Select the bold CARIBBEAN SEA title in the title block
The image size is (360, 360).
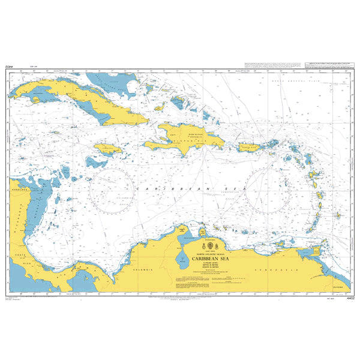point(209,259)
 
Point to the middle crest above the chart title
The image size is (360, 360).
point(209,247)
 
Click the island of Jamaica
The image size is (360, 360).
point(109,149)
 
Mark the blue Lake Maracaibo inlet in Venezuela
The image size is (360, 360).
point(181,259)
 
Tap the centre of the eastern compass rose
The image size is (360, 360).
point(268,190)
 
